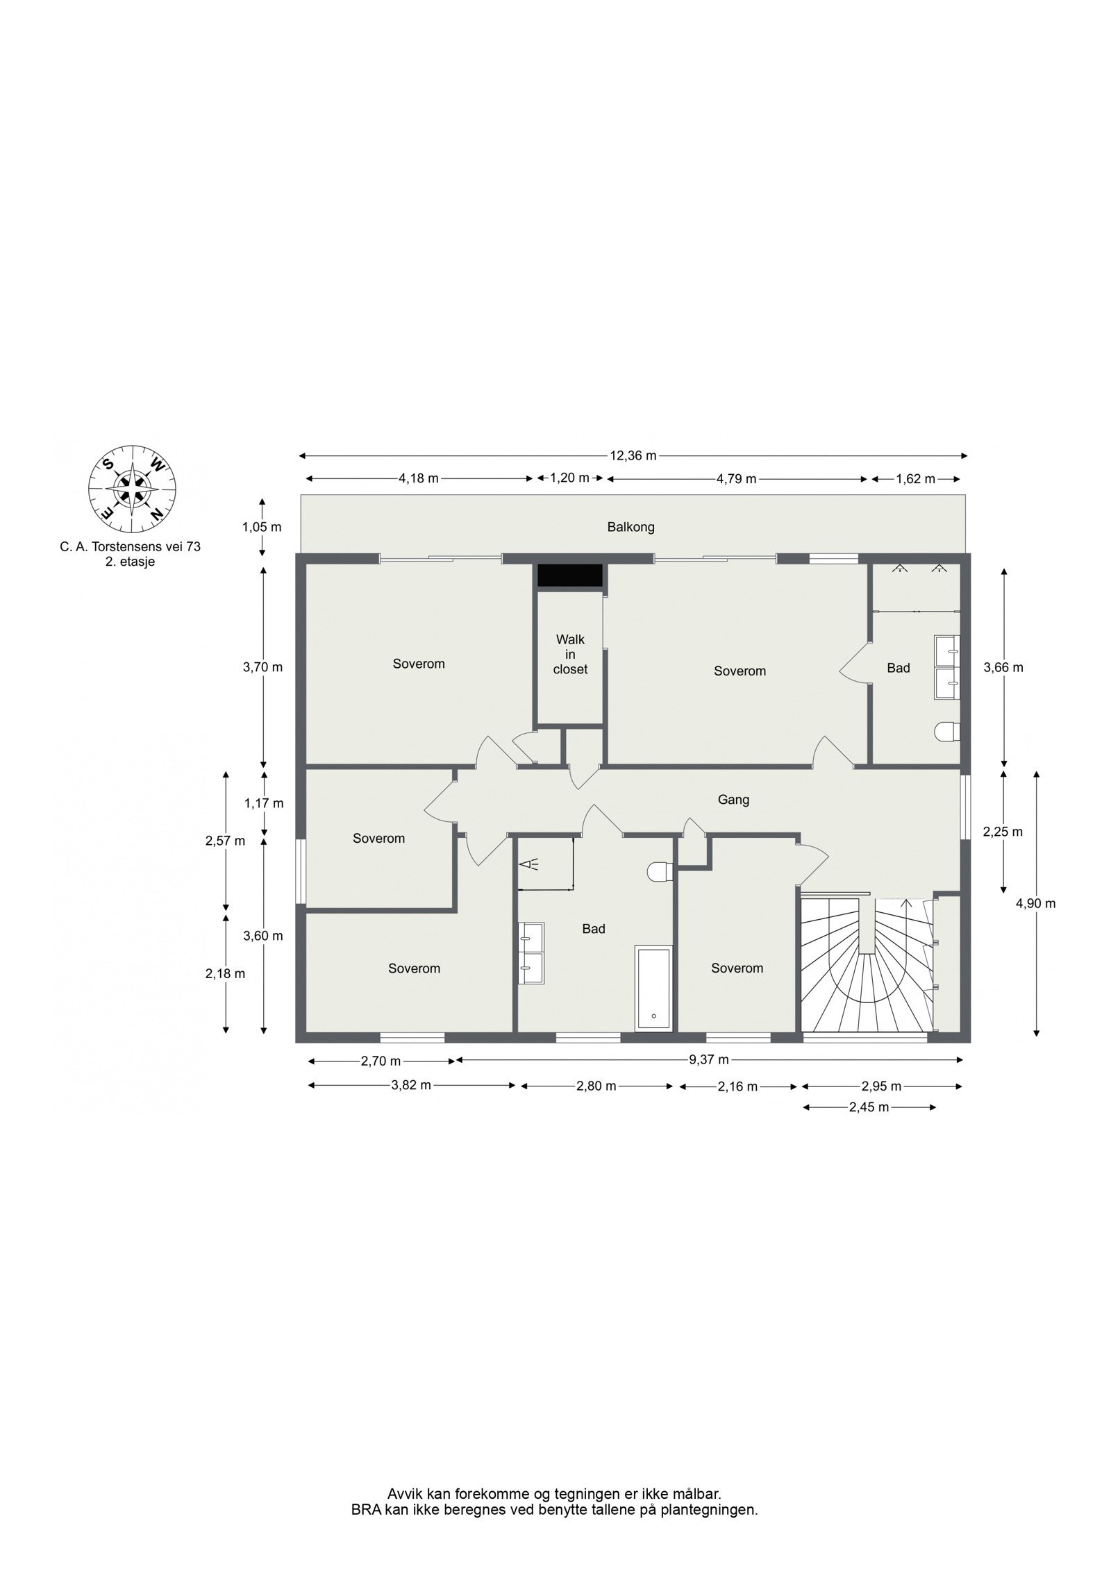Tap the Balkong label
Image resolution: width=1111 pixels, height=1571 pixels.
(x=630, y=527)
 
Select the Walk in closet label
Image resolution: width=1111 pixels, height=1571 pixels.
(x=570, y=654)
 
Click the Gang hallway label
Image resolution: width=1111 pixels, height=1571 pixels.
(x=733, y=800)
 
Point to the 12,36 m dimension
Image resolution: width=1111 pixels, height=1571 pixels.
(x=633, y=456)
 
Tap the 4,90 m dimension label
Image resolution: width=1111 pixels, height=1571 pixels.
(x=1035, y=903)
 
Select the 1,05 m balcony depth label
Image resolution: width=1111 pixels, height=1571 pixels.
(x=262, y=527)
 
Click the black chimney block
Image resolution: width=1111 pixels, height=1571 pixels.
(x=570, y=575)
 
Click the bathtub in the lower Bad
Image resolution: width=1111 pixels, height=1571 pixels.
(x=653, y=988)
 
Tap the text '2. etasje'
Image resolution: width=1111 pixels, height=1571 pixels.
(x=130, y=562)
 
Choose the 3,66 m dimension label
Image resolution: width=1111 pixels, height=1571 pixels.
(x=1003, y=668)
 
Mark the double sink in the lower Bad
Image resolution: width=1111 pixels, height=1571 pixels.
(x=531, y=952)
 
